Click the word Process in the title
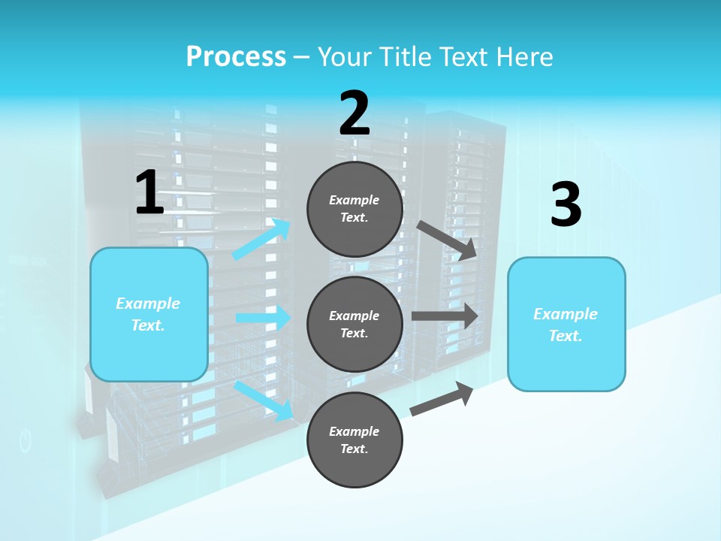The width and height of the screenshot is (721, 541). [x=236, y=57]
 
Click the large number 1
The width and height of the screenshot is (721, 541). [x=149, y=193]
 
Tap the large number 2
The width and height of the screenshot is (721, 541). [x=354, y=113]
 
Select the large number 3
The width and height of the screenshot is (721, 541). [x=566, y=204]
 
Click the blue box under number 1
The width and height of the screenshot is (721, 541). [x=149, y=314]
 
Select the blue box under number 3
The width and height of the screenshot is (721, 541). [x=566, y=324]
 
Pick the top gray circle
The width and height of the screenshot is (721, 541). [x=354, y=209]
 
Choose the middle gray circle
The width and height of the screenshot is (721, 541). [x=354, y=324]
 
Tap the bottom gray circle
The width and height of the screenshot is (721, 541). [x=354, y=440]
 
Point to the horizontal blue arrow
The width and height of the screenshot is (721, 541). [x=263, y=318]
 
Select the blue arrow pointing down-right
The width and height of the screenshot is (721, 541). [x=264, y=400]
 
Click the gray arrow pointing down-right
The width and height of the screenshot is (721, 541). [x=447, y=240]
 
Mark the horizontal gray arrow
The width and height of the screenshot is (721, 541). [x=444, y=316]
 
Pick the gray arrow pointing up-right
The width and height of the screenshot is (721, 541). [x=442, y=399]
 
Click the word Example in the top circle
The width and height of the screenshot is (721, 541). [x=354, y=200]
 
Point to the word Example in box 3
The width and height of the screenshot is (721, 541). [x=566, y=314]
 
